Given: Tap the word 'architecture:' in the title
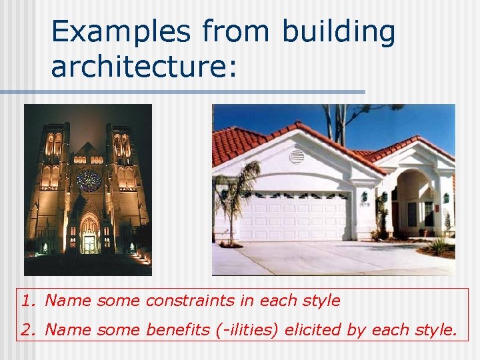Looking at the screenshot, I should [x=143, y=66].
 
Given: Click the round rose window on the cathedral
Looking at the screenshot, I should [x=89, y=181].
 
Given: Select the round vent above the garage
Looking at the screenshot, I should [x=297, y=157].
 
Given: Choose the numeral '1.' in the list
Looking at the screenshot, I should [x=27, y=301].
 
